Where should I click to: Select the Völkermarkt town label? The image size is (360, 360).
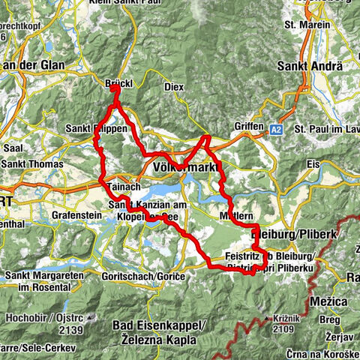point(182,166)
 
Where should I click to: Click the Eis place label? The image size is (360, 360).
point(314,163)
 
